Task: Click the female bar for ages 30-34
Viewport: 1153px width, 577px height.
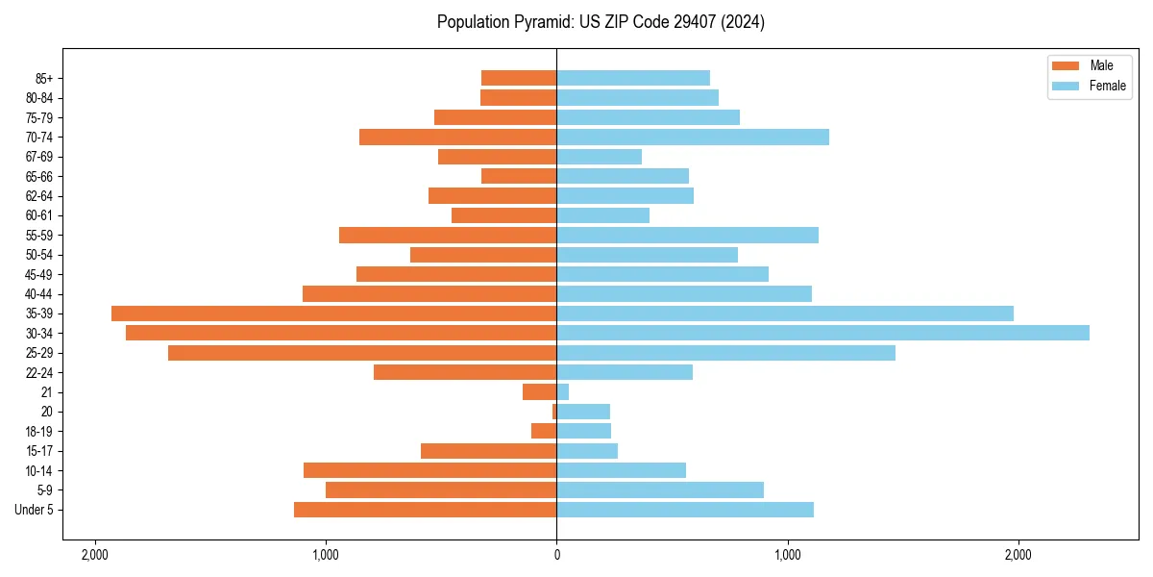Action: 822,333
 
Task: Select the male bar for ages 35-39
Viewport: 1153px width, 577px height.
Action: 334,314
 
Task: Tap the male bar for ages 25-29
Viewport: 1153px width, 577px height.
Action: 362,353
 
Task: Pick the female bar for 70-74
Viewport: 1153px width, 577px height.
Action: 693,138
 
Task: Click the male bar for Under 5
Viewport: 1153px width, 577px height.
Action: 425,510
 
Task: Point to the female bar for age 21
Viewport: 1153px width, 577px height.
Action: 563,392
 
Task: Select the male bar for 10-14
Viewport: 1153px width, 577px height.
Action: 429,470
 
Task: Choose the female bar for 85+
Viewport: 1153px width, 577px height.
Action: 633,78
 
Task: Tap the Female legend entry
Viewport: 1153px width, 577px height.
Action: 1094,86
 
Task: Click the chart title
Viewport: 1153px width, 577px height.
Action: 601,22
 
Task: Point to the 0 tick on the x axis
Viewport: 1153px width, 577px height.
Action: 556,555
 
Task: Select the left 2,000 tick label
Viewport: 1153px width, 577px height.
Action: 94,555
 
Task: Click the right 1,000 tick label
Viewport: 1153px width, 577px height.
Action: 787,555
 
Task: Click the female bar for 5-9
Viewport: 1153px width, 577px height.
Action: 660,490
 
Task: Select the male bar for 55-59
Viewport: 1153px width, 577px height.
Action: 448,236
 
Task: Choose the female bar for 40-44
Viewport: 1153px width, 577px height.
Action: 684,294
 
